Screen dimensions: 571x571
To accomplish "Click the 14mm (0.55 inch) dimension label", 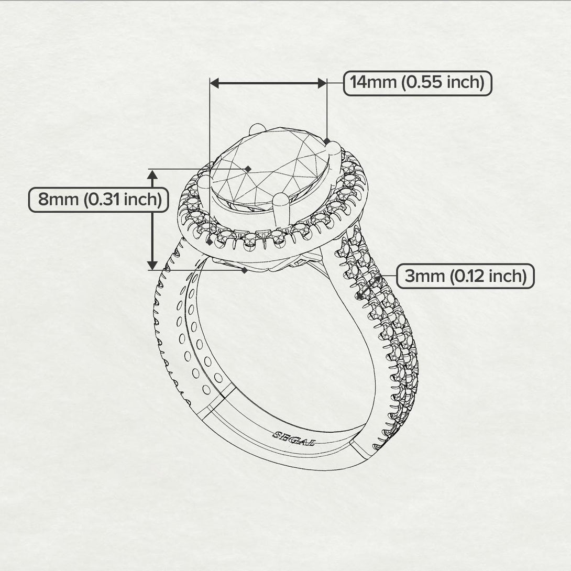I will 418,83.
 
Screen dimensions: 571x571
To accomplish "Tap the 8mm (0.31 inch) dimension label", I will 98,200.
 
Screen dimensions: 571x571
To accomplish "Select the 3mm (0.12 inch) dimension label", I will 465,276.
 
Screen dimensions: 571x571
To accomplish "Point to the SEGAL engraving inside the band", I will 294,438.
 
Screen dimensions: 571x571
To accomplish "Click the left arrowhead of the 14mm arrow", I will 214,83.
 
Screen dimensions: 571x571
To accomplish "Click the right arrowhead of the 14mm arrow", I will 322,83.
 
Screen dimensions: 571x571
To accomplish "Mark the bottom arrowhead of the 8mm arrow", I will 152,265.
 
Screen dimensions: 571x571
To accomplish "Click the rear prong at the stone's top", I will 257,129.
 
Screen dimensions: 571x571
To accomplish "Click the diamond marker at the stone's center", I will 248,168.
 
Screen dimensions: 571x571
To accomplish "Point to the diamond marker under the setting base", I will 244,270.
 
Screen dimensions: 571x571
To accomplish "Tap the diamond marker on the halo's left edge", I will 210,243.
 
